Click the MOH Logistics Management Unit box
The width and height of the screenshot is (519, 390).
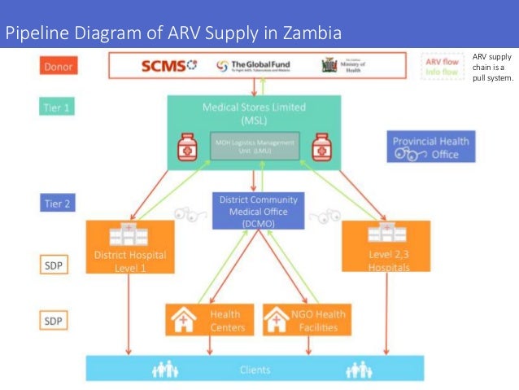255,146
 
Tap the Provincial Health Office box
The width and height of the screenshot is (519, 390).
430,147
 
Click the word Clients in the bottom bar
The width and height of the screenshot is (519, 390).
255,370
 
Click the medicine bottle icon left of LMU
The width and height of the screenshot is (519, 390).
189,146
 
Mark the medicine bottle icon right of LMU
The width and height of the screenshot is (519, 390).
321,146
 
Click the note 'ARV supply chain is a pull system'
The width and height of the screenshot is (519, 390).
492,72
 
